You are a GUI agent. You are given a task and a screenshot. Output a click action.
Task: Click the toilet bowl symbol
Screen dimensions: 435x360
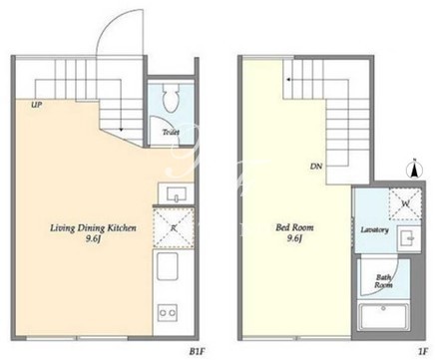172,97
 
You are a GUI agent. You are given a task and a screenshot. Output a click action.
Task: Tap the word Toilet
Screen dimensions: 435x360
171,133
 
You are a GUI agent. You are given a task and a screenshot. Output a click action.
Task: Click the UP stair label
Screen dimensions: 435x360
36,105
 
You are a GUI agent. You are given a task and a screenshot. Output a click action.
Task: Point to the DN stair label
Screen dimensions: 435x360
316,167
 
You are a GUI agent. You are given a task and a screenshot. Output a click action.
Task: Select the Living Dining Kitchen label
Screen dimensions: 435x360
93,228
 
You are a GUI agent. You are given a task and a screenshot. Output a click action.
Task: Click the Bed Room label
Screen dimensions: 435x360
294,227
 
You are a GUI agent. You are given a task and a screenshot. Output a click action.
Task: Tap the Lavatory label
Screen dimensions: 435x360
375,230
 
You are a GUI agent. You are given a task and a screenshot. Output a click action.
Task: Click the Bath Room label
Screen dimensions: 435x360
383,281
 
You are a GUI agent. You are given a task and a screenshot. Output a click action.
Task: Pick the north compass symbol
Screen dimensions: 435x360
415,169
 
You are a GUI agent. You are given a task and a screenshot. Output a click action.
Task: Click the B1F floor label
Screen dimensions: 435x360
197,352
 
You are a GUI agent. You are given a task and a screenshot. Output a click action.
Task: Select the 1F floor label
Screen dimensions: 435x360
423,351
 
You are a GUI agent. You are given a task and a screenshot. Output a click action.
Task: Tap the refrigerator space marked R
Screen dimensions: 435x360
174,227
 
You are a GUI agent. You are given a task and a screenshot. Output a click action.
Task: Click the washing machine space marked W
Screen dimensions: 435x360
405,203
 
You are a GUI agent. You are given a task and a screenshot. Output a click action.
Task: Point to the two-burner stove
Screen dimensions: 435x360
168,312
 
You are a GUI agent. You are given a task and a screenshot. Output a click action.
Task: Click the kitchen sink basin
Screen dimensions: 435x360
168,266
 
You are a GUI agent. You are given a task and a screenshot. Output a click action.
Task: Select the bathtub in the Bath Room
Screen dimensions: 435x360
383,316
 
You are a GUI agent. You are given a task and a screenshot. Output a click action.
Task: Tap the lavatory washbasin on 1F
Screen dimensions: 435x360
409,238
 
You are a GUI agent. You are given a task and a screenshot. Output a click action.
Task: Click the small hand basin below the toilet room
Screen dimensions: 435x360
176,193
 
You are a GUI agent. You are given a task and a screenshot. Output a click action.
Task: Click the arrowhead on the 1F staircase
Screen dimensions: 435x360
288,80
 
